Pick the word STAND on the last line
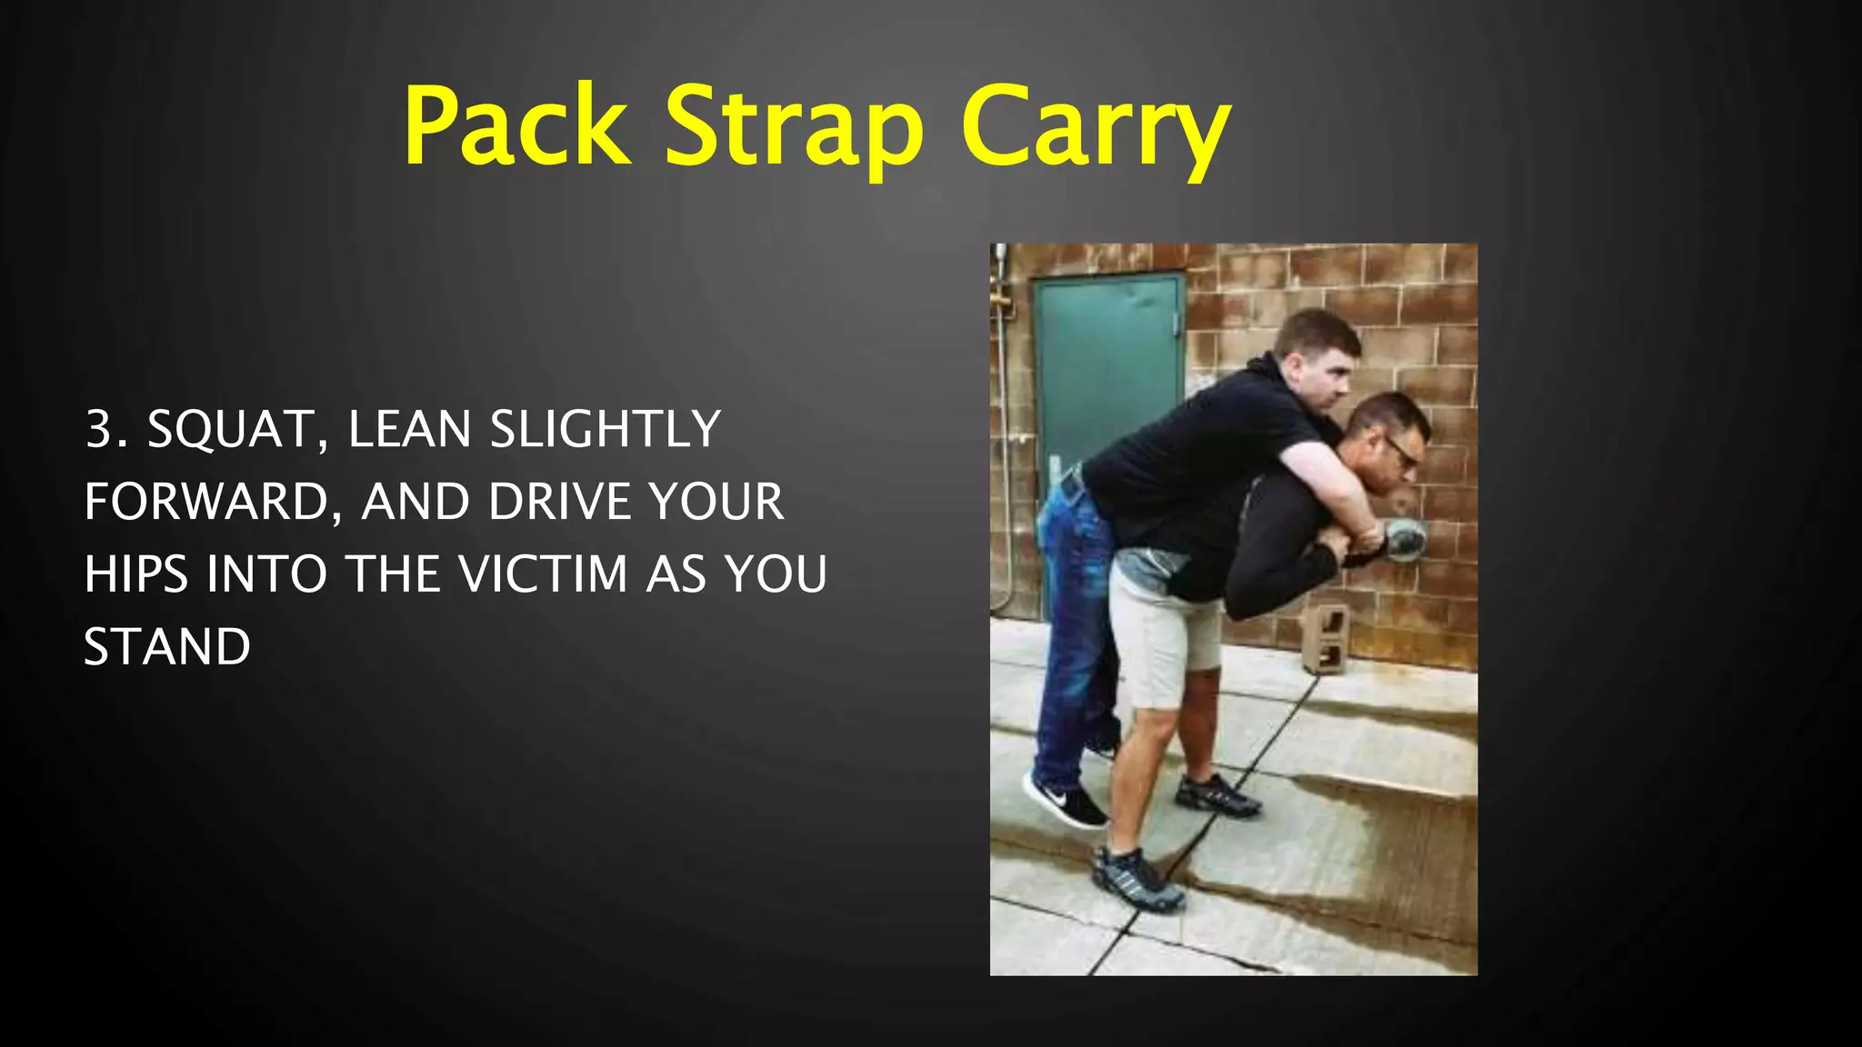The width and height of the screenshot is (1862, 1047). [x=167, y=647]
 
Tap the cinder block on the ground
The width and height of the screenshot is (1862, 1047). [x=1326, y=637]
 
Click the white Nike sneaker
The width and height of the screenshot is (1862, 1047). [x=1064, y=800]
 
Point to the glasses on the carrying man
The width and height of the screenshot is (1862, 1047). [x=1401, y=451]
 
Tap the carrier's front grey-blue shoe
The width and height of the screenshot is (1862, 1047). [x=1137, y=878]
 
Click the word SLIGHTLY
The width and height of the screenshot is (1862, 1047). [x=605, y=430]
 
